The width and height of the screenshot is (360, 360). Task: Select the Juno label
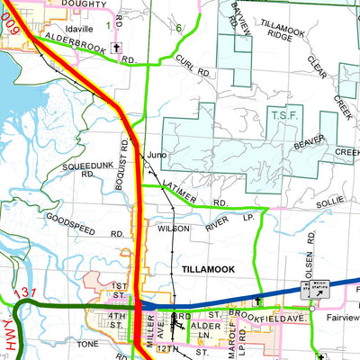coord(157,154)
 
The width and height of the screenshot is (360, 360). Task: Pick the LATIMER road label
coord(184,193)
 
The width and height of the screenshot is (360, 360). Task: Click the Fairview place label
coord(340,318)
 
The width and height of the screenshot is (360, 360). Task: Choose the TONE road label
coord(87,344)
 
